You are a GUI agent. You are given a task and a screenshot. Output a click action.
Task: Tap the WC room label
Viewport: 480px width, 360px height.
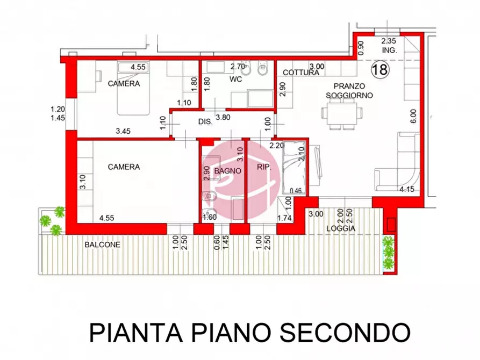tap(236, 80)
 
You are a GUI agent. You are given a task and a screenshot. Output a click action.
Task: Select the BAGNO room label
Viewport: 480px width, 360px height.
tap(223, 171)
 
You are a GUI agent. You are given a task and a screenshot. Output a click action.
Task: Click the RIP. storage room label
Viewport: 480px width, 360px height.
tap(263, 168)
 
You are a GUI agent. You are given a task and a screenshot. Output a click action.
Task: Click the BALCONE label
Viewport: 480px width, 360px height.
tap(102, 244)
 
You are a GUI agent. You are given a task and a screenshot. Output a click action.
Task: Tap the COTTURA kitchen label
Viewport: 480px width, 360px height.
tap(298, 73)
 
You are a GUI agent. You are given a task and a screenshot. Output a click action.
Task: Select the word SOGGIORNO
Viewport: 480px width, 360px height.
tap(349, 95)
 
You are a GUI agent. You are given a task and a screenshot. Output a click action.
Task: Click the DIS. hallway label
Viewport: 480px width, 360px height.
tap(205, 122)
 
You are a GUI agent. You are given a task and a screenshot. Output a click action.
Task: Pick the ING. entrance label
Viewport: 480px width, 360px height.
tap(389, 50)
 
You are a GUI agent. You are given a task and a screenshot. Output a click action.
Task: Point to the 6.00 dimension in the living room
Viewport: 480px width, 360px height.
tap(413, 117)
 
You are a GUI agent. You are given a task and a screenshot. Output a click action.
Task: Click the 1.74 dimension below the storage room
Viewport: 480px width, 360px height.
tap(285, 218)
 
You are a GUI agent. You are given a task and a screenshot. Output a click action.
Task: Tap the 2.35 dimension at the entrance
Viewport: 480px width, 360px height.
tap(389, 41)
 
